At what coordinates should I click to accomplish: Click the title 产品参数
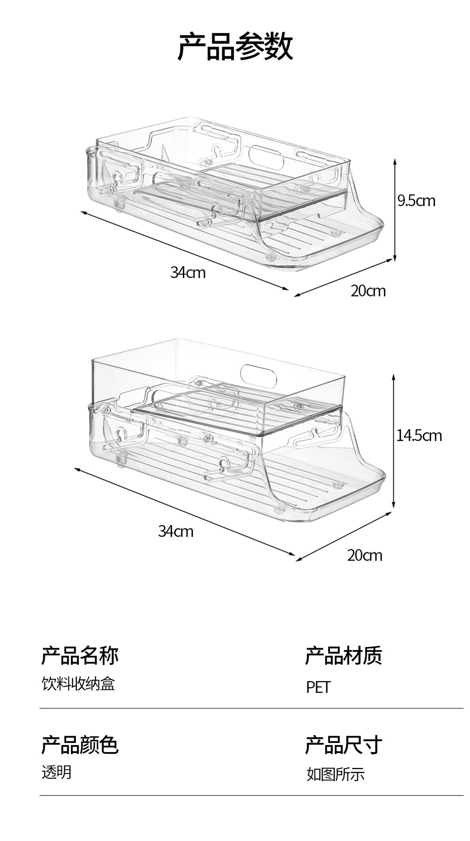point(235,46)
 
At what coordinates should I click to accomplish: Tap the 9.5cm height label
point(416,201)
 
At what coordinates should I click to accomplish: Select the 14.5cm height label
point(419,435)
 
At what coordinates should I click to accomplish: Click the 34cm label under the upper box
point(188,272)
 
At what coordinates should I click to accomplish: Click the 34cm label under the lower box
point(175,531)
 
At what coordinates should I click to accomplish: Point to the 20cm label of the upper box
point(368,291)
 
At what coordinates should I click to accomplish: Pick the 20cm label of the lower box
point(365,555)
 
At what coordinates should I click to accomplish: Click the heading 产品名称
point(80,656)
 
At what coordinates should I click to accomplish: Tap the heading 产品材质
point(344,656)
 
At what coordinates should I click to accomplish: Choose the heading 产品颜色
point(80,745)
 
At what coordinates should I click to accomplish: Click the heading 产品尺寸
point(344,745)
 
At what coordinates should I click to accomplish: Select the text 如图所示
point(335,774)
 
